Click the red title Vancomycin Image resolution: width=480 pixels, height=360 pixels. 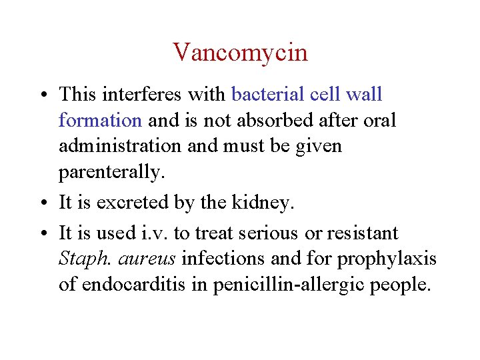(x=240, y=52)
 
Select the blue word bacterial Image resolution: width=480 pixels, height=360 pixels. (x=268, y=94)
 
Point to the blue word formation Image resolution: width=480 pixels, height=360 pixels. (x=100, y=120)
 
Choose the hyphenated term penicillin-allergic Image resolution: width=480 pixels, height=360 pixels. (x=288, y=285)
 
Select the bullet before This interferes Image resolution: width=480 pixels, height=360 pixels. (x=42, y=95)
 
